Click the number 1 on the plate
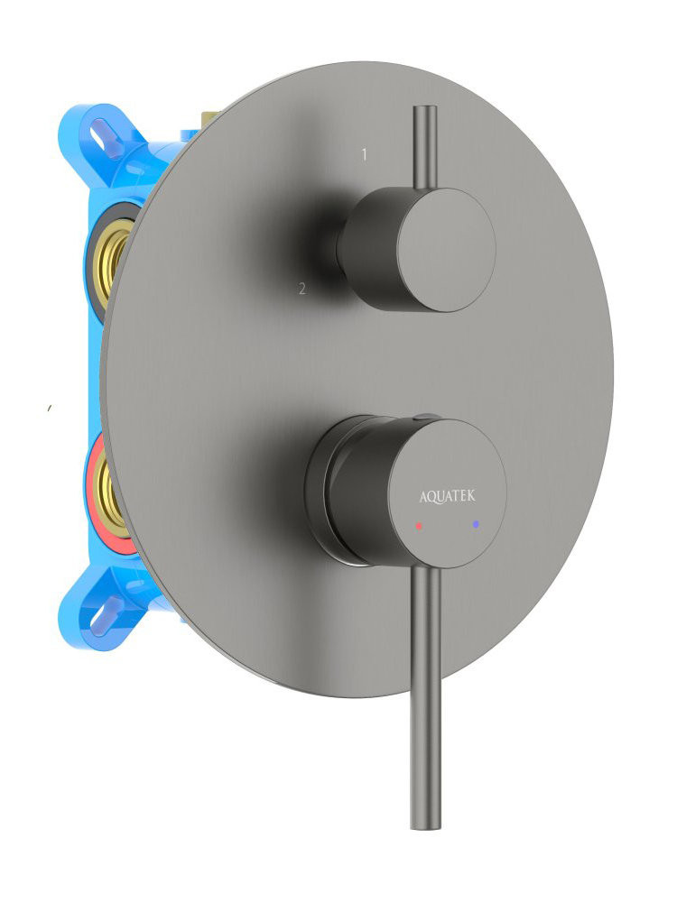364,154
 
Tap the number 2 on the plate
302,289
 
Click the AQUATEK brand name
448,496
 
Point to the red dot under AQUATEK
419,526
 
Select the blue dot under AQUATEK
476,524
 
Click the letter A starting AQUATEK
423,497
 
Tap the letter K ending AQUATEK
471,494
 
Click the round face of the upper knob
445,250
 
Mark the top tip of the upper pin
425,107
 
